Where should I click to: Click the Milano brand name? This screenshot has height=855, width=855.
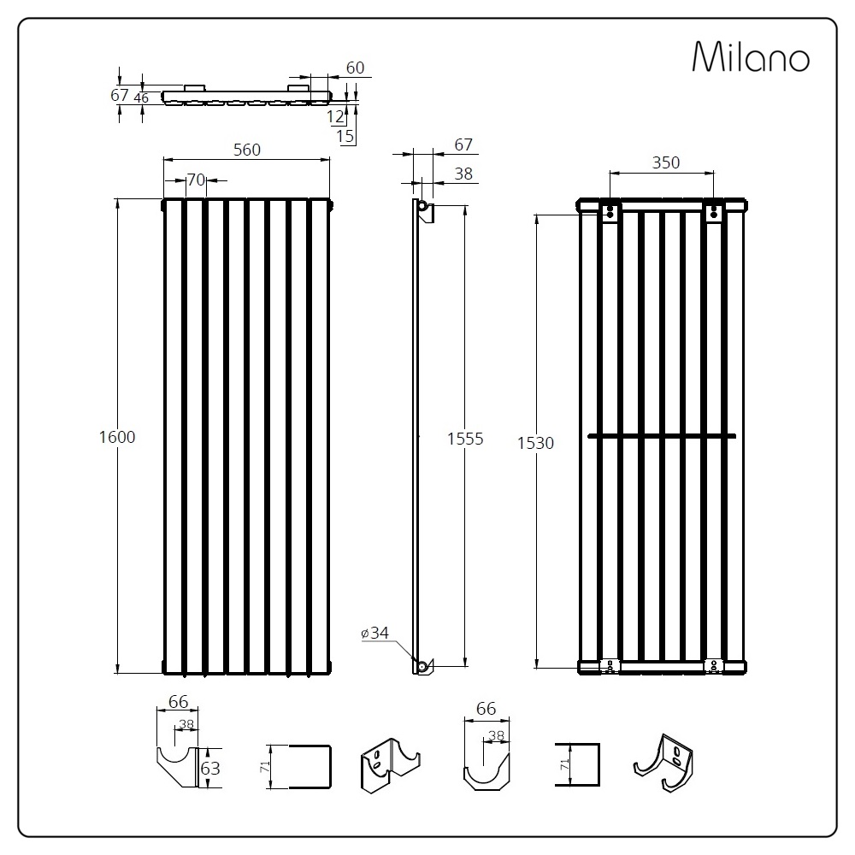pyautogui.click(x=751, y=56)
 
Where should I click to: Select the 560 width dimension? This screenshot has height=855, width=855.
pyautogui.click(x=247, y=150)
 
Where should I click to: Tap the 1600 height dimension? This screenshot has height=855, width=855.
pyautogui.click(x=117, y=437)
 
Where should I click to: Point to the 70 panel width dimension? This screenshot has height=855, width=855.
pyautogui.click(x=196, y=180)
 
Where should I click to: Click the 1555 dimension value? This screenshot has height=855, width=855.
pyautogui.click(x=465, y=439)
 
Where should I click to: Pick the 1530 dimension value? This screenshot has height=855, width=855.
pyautogui.click(x=535, y=443)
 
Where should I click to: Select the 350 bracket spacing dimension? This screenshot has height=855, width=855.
pyautogui.click(x=666, y=162)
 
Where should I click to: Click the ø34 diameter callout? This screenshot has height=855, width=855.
pyautogui.click(x=375, y=633)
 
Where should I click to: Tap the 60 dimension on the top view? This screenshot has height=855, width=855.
pyautogui.click(x=355, y=68)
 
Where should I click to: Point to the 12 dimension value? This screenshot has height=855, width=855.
pyautogui.click(x=335, y=116)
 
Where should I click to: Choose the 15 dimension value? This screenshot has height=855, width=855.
pyautogui.click(x=345, y=136)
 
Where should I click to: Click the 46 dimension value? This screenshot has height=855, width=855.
pyautogui.click(x=141, y=98)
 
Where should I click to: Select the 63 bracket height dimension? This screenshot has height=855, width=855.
pyautogui.click(x=210, y=769)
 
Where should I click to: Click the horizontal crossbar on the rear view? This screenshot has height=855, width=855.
pyautogui.click(x=662, y=436)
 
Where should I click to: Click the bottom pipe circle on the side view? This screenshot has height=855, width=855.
pyautogui.click(x=422, y=666)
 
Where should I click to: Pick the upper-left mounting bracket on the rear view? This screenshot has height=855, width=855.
pyautogui.click(x=610, y=211)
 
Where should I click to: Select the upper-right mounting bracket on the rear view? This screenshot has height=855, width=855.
pyautogui.click(x=714, y=211)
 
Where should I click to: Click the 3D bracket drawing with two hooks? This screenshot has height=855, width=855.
pyautogui.click(x=391, y=765)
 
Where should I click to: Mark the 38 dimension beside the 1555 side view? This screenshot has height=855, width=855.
pyautogui.click(x=463, y=174)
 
